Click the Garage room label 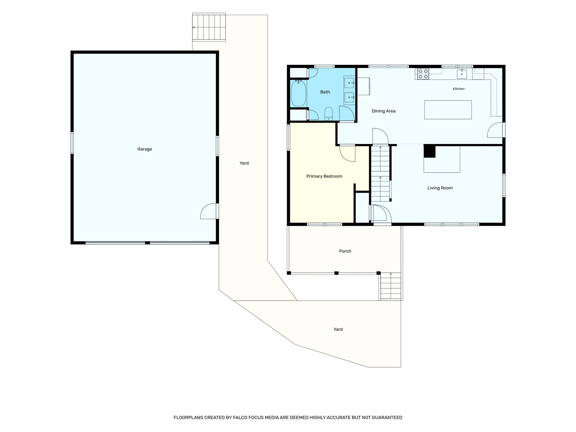click(x=145, y=149)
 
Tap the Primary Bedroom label click(x=324, y=176)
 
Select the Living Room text click(x=440, y=188)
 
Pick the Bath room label click(x=325, y=92)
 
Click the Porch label click(x=345, y=251)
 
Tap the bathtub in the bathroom click(x=298, y=93)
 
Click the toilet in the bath click(x=329, y=114)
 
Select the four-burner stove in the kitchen click(x=423, y=74)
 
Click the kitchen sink click(x=462, y=74)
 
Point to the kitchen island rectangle click(x=448, y=110)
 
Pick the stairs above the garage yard click(x=209, y=27)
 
